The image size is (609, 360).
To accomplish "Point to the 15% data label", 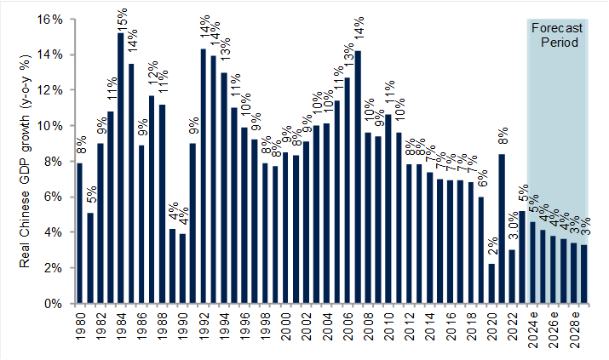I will pos(122,19).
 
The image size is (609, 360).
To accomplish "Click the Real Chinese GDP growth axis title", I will pos(26,161).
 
